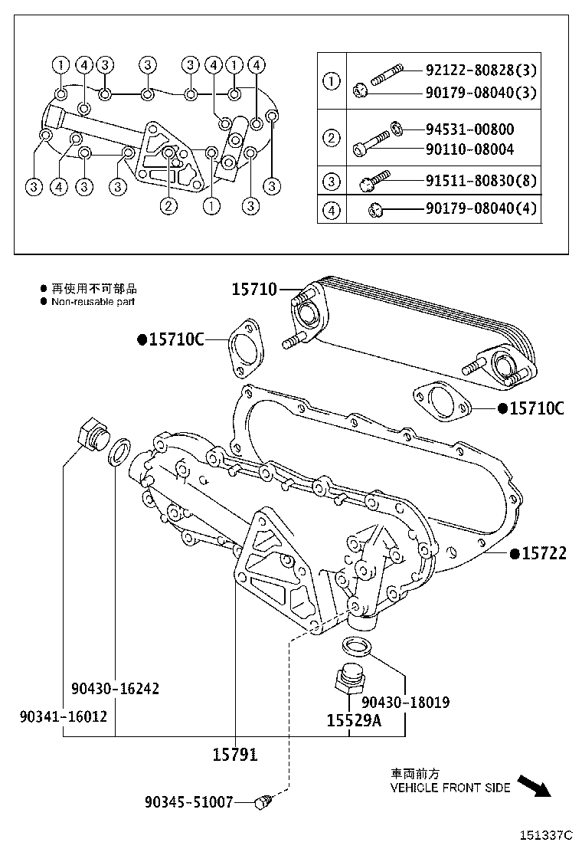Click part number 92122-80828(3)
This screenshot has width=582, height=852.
pos(481,71)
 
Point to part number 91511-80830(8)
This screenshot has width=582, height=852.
pos(481,182)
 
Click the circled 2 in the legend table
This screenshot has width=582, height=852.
pos(332,139)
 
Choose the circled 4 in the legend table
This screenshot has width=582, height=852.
pos(332,209)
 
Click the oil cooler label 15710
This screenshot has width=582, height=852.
pos(254,290)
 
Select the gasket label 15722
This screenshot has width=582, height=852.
pos(544,553)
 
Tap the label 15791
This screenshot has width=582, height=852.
pos(234,755)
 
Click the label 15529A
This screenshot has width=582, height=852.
pos(353,721)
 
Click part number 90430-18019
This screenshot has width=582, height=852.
pos(405,702)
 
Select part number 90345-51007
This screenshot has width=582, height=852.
pos(188,802)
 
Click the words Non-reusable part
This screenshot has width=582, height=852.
pos(93,302)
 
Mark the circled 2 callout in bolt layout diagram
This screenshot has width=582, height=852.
pos(168,205)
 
